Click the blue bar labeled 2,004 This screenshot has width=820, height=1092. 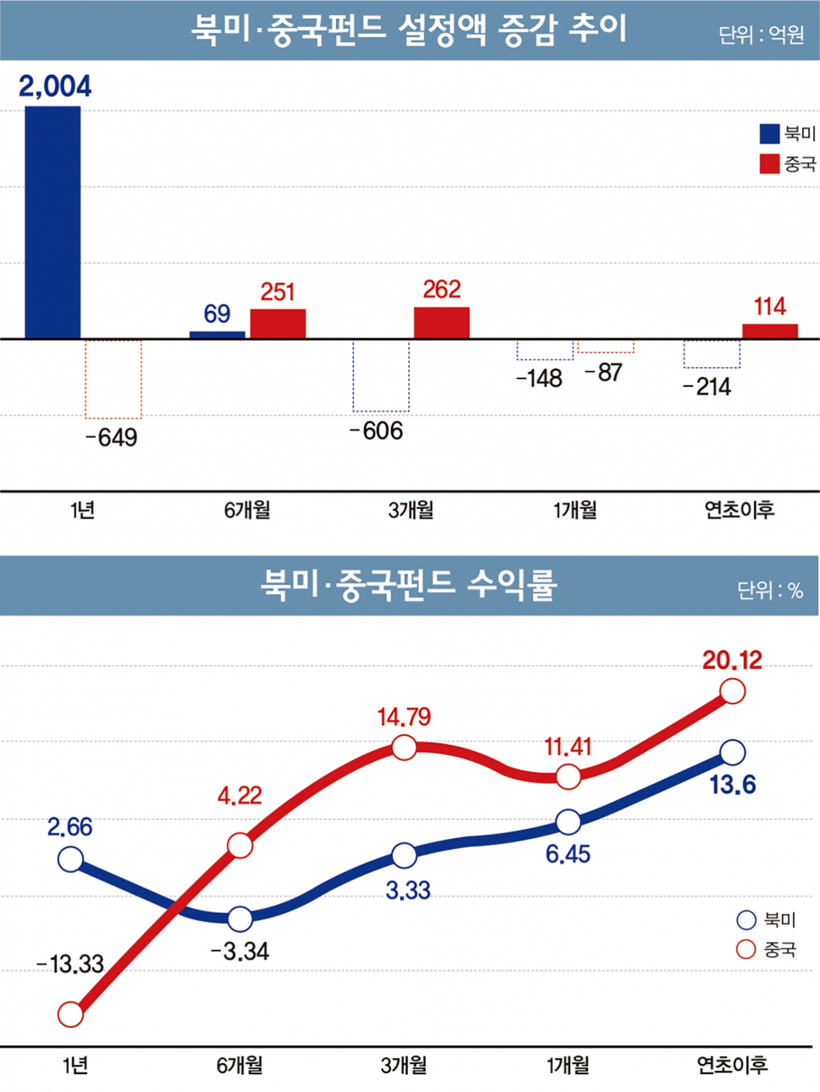(x=53, y=222)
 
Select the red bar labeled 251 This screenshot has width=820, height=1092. (x=278, y=324)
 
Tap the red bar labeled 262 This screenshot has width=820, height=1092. (x=441, y=323)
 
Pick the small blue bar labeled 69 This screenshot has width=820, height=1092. (x=217, y=335)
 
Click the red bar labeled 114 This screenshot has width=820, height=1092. (x=770, y=331)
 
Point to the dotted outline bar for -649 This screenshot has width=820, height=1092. (x=114, y=379)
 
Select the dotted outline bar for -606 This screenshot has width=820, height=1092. (x=381, y=376)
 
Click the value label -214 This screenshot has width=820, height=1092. (x=707, y=387)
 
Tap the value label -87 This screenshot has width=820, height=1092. (x=603, y=373)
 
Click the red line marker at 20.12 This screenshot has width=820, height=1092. (x=733, y=692)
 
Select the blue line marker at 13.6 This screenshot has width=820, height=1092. (x=733, y=752)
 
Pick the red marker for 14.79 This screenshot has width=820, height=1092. (x=404, y=748)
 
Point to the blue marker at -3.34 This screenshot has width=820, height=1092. (x=240, y=919)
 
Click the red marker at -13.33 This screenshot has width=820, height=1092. (x=70, y=1014)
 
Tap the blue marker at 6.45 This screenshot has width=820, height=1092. (x=568, y=822)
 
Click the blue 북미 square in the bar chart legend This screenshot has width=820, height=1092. (x=770, y=134)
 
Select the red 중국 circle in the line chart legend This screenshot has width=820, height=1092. (x=745, y=949)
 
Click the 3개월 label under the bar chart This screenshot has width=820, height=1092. (x=411, y=511)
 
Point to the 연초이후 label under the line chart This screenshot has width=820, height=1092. (x=732, y=1065)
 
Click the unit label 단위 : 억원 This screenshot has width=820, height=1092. (x=761, y=35)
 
